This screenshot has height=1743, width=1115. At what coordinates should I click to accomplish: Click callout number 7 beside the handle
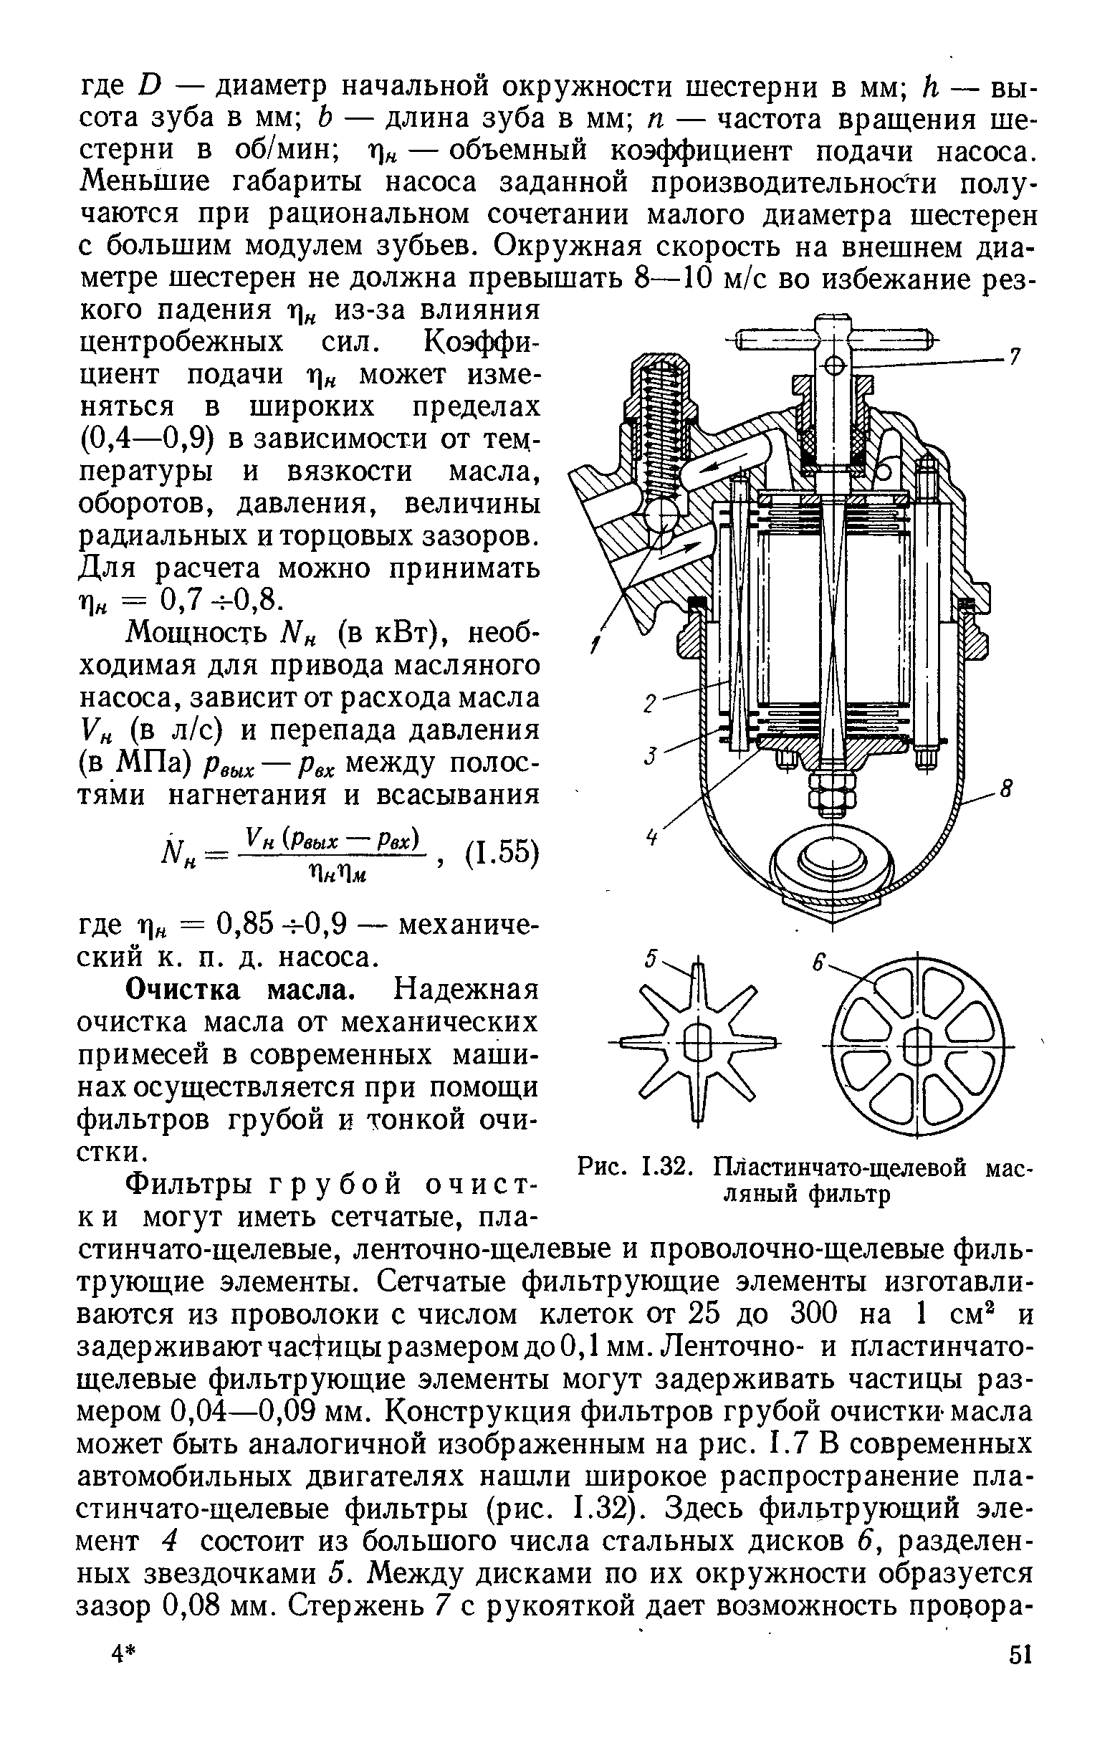click(1015, 356)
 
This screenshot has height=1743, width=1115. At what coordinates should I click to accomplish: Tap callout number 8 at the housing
click(1004, 787)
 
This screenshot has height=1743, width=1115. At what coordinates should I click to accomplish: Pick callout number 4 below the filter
click(652, 837)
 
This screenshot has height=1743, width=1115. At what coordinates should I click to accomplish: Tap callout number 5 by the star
click(651, 960)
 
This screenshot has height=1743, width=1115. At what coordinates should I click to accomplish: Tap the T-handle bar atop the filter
click(833, 339)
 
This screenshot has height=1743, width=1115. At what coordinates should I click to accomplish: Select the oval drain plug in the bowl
click(833, 861)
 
